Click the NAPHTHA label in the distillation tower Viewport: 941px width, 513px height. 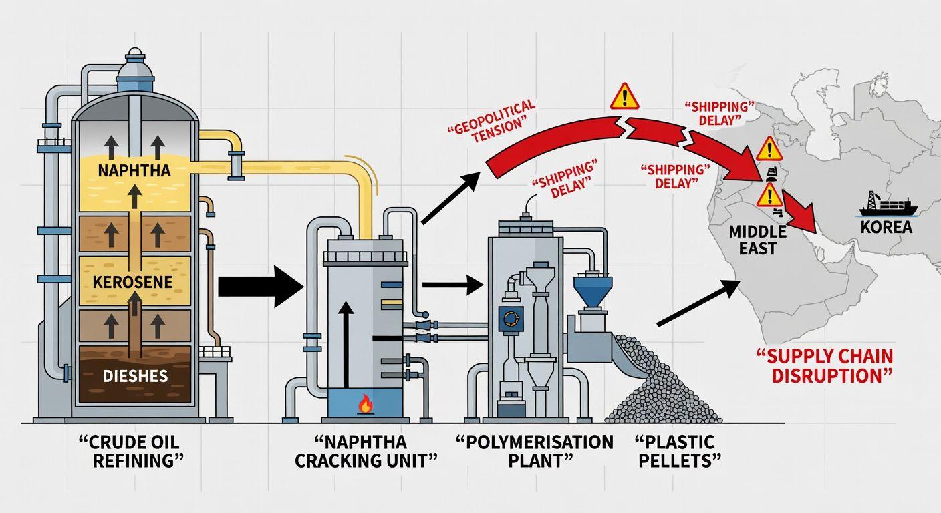pos(134,170)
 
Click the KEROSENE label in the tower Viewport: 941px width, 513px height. pos(134,283)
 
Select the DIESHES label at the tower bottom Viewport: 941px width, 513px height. pos(135,376)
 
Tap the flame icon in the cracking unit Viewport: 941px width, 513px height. pos(365,403)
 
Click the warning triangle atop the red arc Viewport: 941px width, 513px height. pos(624,96)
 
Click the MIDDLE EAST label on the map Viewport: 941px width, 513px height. pos(753,240)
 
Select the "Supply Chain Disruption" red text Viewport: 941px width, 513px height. pos(832,365)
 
